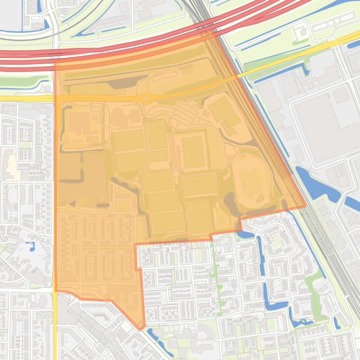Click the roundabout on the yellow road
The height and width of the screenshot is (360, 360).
(x=146, y=98)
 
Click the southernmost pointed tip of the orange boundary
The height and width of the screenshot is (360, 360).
(x=140, y=329)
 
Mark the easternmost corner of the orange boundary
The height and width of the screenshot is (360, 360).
(x=306, y=205)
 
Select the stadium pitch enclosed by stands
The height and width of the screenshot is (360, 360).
(x=192, y=152)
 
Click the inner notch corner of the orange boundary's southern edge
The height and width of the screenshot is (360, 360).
(x=136, y=244)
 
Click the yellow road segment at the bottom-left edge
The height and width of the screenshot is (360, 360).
(x=55, y=327)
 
